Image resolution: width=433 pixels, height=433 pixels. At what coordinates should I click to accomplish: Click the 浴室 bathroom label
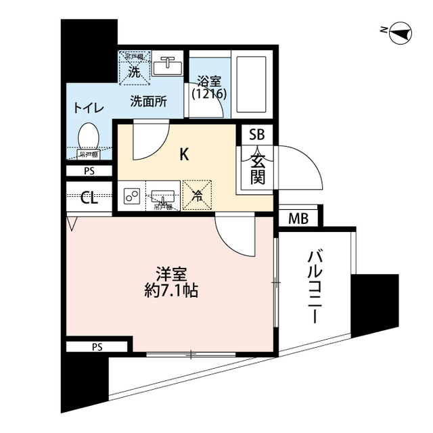(208, 87)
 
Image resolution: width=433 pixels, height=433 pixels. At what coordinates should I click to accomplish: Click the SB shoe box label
(257, 134)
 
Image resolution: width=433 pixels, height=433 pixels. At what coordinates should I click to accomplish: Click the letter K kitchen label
(183, 154)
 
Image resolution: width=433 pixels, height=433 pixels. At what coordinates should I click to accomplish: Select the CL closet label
(89, 198)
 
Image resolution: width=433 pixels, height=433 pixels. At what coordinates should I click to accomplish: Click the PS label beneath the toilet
(89, 171)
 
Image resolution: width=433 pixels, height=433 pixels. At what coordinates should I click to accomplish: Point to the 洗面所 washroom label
(149, 102)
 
